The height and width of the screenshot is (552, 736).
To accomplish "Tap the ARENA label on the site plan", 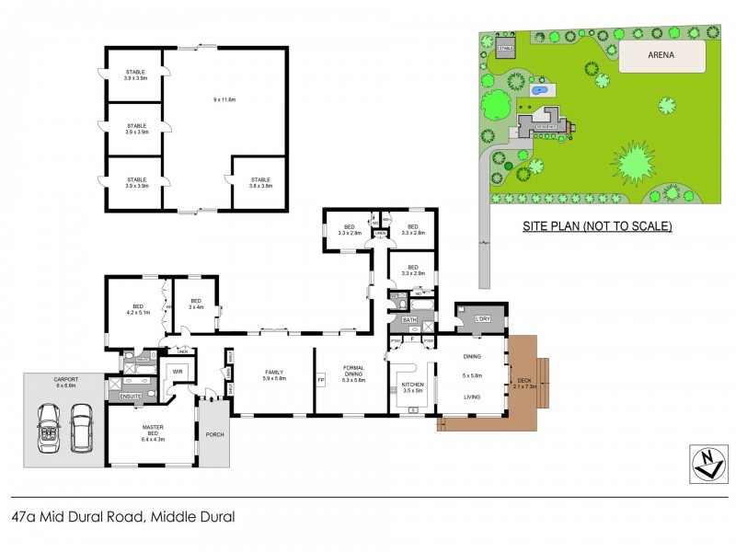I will coord(661,55).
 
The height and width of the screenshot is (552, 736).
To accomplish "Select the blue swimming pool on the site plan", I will coord(541,91).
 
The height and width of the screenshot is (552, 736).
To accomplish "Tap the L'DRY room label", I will coord(482,318).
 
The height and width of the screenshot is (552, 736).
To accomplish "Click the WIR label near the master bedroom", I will coord(177,371).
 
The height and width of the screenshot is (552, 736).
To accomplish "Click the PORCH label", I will coord(214,434).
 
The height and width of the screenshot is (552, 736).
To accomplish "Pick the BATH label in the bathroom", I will coord(409,319).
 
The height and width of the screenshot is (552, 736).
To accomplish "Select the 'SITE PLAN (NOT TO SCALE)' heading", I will coord(597,225).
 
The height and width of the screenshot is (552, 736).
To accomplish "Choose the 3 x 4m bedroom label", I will coord(195,304).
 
